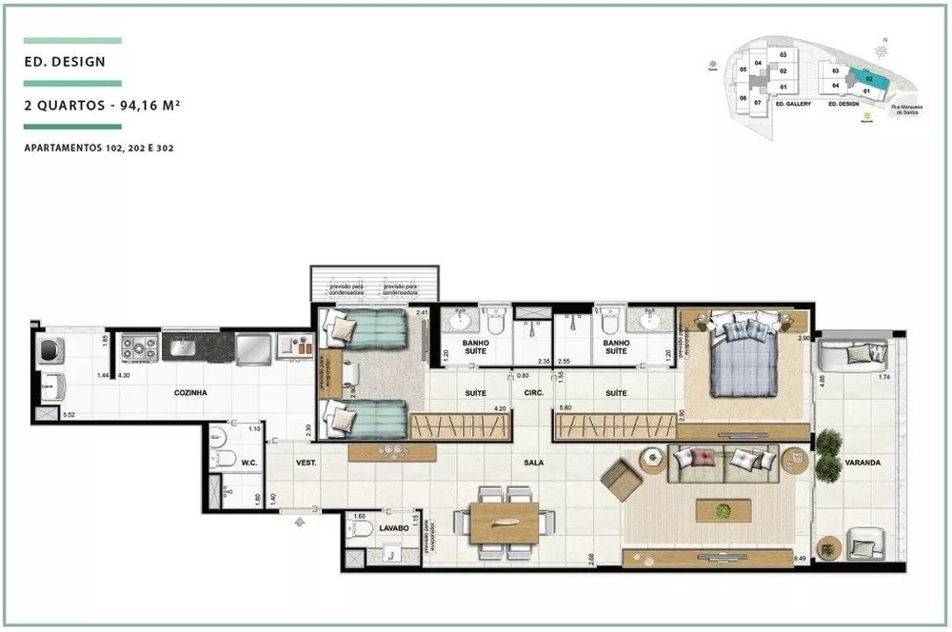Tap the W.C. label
pos(250,464)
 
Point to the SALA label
pos(534,463)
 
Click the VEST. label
pos(306,464)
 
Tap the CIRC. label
pos(533,393)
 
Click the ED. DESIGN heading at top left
pos(65,62)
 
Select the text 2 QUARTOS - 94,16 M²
pos(102,107)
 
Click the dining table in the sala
pos(506,523)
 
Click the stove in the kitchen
pos(139,347)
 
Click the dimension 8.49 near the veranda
pos(801,559)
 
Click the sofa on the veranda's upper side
pos(854,354)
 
